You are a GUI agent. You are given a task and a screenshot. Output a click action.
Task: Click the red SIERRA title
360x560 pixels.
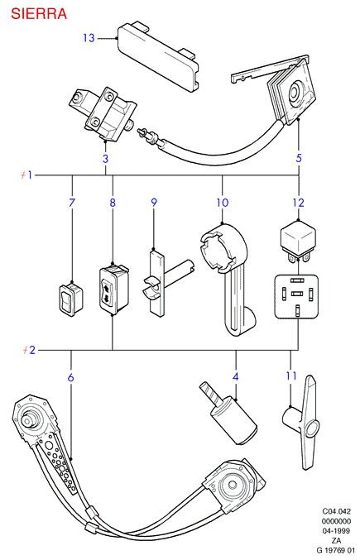[39, 13]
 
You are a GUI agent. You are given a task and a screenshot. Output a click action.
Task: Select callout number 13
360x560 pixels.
[89, 38]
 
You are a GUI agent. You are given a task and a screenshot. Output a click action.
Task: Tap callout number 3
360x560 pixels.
[105, 159]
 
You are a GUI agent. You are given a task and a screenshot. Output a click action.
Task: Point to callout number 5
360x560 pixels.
[299, 158]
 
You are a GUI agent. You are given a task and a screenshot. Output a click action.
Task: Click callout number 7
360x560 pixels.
[72, 203]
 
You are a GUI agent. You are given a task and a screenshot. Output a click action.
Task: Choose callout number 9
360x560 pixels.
[154, 203]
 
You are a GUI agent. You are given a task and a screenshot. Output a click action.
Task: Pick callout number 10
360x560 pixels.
[222, 203]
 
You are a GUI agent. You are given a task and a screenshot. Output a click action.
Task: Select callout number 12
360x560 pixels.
[299, 203]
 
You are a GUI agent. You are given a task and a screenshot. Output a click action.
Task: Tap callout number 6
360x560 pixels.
[70, 377]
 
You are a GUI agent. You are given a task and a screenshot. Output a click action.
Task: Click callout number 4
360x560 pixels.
[235, 376]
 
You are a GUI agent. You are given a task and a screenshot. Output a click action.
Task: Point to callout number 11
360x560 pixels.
[291, 376]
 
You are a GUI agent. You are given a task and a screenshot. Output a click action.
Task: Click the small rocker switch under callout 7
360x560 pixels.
[71, 299]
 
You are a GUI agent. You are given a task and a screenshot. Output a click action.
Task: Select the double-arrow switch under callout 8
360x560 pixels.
[113, 290]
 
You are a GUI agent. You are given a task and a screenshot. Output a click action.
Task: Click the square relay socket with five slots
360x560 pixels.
[296, 296]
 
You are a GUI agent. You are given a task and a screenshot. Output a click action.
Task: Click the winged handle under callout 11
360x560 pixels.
[305, 423]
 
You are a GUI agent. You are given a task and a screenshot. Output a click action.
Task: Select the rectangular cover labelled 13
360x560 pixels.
[157, 55]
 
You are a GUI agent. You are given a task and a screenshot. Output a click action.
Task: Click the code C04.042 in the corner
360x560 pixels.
[337, 512]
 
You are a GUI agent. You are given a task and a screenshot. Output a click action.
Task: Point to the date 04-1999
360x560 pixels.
[336, 531]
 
